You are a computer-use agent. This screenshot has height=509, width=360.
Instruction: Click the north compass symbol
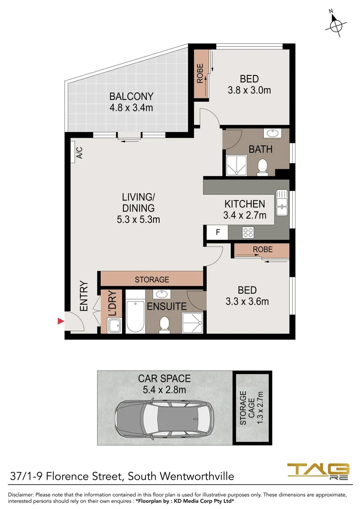336,25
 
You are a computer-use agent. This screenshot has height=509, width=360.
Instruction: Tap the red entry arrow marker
60,321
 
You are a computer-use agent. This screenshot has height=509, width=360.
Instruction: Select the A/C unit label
79,153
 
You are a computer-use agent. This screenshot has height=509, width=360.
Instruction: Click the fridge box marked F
218,232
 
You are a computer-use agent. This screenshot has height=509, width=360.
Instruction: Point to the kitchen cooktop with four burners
248,232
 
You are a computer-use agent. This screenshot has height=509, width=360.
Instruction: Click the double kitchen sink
282,199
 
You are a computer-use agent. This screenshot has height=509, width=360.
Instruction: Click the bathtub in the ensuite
135,312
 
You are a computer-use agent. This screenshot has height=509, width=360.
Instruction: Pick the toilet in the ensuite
164,324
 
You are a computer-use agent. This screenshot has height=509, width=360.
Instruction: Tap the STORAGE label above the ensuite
152,279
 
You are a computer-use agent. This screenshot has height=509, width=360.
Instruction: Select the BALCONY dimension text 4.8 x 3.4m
131,108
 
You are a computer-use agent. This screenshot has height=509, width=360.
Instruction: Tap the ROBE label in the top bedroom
200,73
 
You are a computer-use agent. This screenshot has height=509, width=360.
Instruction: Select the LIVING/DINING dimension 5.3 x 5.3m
138,219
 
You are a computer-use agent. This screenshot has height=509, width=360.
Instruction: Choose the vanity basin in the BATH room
271,133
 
